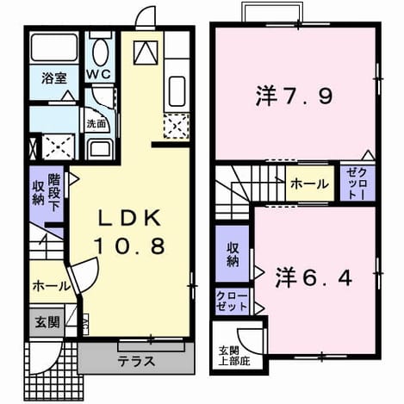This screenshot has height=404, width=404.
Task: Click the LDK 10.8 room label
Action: click(x=130, y=232)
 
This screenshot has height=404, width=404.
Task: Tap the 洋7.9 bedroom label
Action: click(x=294, y=96)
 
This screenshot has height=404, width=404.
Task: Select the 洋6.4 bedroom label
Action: click(x=314, y=277)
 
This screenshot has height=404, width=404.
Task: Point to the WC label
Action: click(x=99, y=74)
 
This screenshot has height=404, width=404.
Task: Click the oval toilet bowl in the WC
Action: click(x=100, y=53)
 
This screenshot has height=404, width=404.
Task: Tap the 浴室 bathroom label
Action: click(x=54, y=78)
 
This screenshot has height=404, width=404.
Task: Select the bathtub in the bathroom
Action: click(x=53, y=47)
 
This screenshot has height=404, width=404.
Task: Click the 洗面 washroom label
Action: click(x=96, y=124)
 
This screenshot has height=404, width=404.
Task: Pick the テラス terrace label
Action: click(x=136, y=361)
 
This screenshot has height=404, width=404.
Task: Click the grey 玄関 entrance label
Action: click(x=47, y=322)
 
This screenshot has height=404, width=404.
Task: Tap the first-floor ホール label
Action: click(x=51, y=286)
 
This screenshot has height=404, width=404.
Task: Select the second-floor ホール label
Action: click(x=309, y=183)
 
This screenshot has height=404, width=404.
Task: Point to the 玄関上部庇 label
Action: click(x=234, y=356)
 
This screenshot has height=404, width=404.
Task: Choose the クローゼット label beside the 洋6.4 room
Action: click(x=232, y=301)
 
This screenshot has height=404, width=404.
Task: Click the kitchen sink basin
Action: click(x=177, y=91)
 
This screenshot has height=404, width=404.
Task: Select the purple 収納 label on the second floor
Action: click(x=233, y=254)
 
